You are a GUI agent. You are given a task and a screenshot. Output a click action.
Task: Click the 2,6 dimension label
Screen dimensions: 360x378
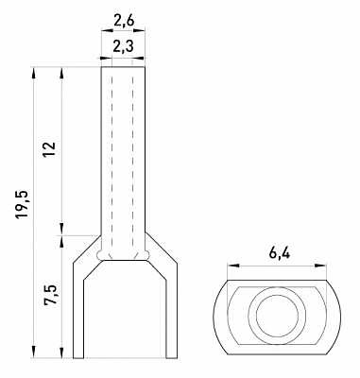tap(124, 21)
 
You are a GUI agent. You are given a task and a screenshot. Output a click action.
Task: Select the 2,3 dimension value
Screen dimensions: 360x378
tap(124, 47)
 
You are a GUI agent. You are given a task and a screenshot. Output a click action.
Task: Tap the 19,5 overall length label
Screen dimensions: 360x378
tap(24, 204)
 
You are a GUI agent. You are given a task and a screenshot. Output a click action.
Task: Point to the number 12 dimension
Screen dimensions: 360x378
tap(50, 149)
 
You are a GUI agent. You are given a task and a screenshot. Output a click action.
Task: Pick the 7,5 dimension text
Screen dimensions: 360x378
tap(50, 295)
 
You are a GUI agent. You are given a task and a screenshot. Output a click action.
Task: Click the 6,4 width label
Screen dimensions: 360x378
tap(280, 253)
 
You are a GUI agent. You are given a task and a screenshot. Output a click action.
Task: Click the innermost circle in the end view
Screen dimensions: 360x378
tap(277, 316)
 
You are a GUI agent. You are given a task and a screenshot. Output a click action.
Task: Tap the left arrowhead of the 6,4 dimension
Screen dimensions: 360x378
tap(233, 266)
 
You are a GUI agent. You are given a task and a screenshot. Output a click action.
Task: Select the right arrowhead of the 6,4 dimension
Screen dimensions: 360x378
tap(320, 266)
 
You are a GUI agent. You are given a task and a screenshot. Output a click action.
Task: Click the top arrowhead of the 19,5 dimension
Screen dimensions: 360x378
tap(34, 73)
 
